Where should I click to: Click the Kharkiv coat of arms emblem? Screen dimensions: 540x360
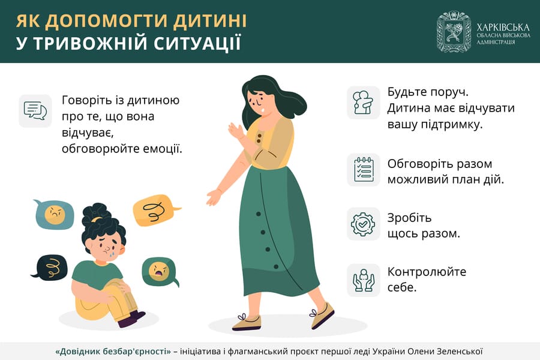pyautogui.click(x=454, y=31)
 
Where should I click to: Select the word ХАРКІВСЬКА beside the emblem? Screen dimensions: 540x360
pyautogui.click(x=503, y=28)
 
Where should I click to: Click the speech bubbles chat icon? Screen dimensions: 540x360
pyautogui.click(x=35, y=110)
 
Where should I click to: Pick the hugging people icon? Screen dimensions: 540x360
pyautogui.click(x=363, y=103)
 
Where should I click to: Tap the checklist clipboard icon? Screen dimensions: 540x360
pyautogui.click(x=364, y=170)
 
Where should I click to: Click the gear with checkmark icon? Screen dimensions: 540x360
pyautogui.click(x=363, y=224)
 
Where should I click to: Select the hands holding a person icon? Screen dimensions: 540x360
pyautogui.click(x=364, y=280)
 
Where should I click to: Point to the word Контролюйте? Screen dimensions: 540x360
pyautogui.click(x=427, y=272)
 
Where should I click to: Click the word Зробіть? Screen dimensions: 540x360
pyautogui.click(x=409, y=218)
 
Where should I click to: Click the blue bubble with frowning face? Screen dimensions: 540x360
pyautogui.click(x=54, y=214)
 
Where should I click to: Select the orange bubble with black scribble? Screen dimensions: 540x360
pyautogui.click(x=155, y=210)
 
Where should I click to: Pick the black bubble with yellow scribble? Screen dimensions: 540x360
pyautogui.click(x=50, y=266)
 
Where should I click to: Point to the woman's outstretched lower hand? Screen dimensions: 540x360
pyautogui.click(x=214, y=197)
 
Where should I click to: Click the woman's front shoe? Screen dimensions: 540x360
pyautogui.click(x=247, y=322)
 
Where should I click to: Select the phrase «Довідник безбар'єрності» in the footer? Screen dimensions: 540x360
pyautogui.click(x=113, y=352)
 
